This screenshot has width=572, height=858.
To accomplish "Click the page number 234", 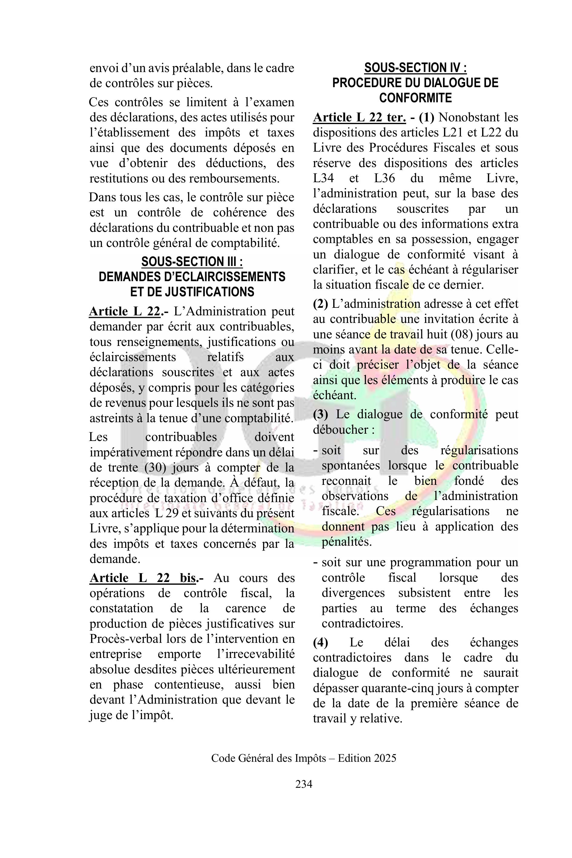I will click(x=304, y=784).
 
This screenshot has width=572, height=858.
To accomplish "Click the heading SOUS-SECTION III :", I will click(x=192, y=261).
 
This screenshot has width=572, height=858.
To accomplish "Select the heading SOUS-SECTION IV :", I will click(x=416, y=67).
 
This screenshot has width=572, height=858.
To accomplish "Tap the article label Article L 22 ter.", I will click(x=359, y=117).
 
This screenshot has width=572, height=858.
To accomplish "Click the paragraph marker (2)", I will click(x=321, y=304).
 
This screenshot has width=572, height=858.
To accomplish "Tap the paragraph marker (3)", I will click(x=321, y=414).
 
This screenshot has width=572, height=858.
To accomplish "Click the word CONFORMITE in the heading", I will click(x=416, y=98).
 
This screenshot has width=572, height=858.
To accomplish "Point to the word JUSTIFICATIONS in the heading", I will click(x=210, y=292).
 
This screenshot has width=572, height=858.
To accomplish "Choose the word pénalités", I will click(x=341, y=542).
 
